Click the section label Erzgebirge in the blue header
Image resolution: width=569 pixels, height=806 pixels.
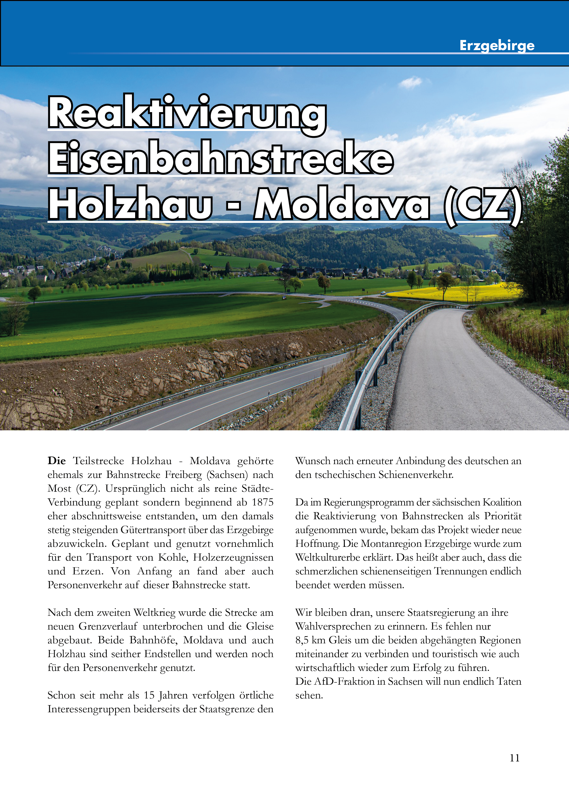click(x=496, y=46)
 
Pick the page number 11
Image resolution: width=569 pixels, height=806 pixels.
click(x=514, y=758)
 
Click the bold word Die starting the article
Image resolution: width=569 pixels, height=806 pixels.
click(x=56, y=461)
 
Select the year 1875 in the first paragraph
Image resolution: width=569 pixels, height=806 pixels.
click(x=262, y=502)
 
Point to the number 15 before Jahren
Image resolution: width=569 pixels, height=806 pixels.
click(x=149, y=695)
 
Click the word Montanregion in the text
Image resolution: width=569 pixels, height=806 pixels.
click(x=391, y=544)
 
